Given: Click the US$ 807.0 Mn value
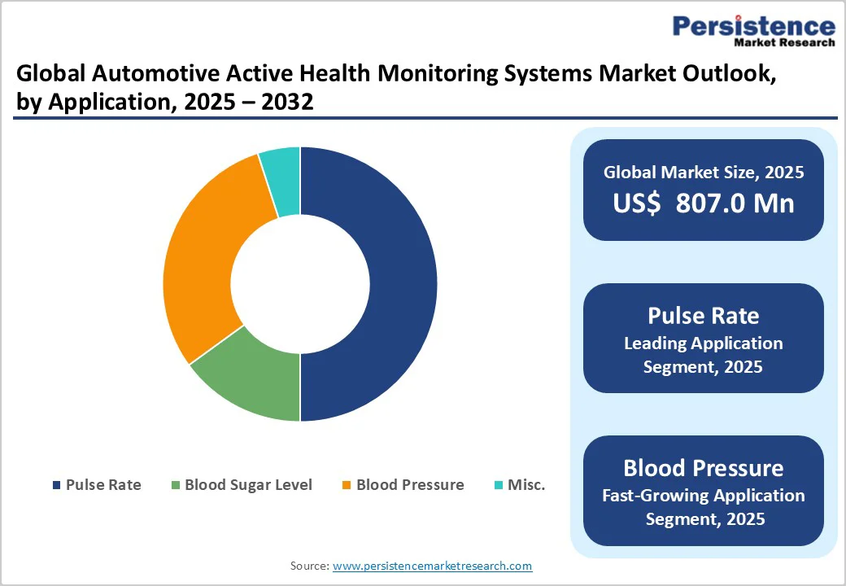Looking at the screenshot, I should tap(704, 203).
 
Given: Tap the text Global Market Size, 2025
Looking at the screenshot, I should tap(704, 173).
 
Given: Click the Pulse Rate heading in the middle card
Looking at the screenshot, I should tap(704, 316).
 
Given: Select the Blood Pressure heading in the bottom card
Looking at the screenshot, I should tap(704, 468).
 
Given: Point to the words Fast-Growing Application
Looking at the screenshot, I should tap(704, 496).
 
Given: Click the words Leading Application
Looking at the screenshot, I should tap(704, 343).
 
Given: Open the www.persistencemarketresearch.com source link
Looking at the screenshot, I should tap(433, 566).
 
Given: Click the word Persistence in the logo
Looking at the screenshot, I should tap(753, 26).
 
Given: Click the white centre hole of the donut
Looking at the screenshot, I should tap(300, 285).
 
